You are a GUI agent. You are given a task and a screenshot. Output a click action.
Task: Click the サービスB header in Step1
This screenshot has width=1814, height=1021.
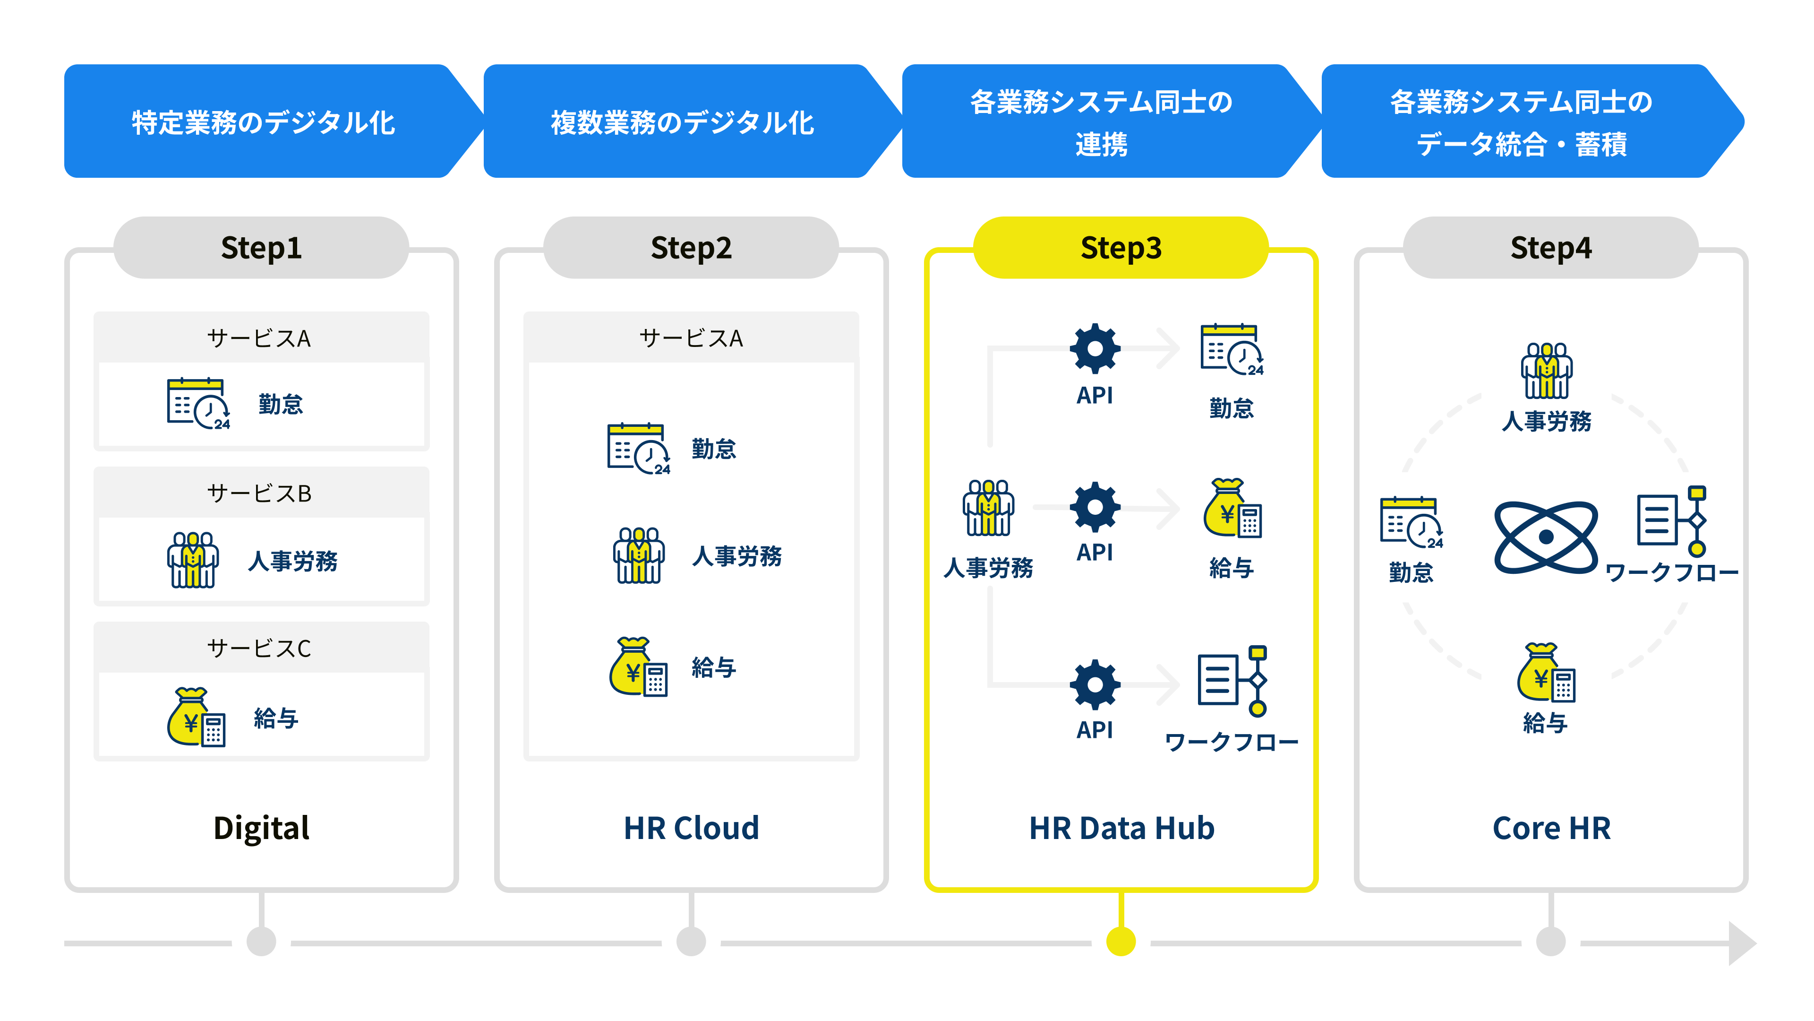coord(261,493)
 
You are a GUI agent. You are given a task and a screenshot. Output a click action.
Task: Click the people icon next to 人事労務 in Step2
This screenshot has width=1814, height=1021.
coord(639,555)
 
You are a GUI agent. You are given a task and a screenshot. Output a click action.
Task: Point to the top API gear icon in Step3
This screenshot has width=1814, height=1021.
coord(1095,348)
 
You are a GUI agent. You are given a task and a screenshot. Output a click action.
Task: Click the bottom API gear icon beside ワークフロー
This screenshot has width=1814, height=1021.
coord(1095,684)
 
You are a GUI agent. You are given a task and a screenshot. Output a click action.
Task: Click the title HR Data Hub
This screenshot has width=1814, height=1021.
coord(1122,828)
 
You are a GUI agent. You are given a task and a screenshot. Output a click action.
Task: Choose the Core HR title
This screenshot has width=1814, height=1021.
coord(1551,828)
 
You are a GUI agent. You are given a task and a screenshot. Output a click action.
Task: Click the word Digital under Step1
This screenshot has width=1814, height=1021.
coord(261,829)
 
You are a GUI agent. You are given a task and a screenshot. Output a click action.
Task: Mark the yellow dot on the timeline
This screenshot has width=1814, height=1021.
coord(1121,942)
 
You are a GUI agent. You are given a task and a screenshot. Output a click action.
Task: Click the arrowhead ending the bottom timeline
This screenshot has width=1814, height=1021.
coord(1741,943)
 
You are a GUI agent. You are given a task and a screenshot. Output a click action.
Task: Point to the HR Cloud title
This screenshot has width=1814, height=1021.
coord(692,828)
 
